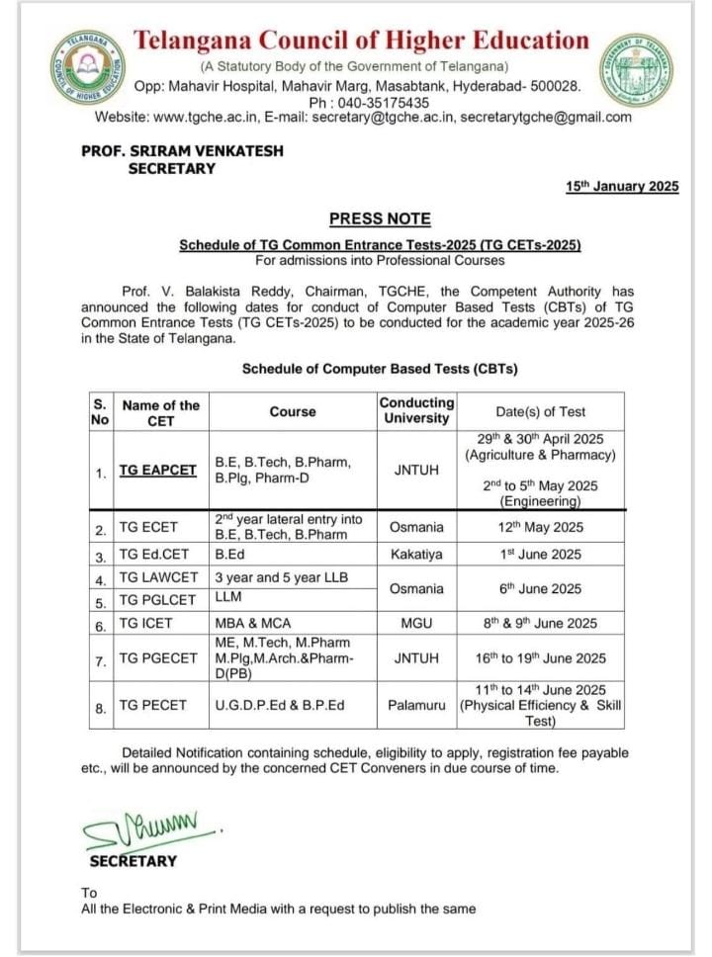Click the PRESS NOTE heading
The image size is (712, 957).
[x=380, y=218]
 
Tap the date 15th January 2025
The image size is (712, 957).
[x=622, y=186]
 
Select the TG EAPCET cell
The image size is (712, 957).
[x=158, y=471]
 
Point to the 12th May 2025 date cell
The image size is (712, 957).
[x=548, y=527]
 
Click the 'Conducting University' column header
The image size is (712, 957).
[x=416, y=410]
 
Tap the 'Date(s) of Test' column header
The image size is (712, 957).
[x=541, y=411]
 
